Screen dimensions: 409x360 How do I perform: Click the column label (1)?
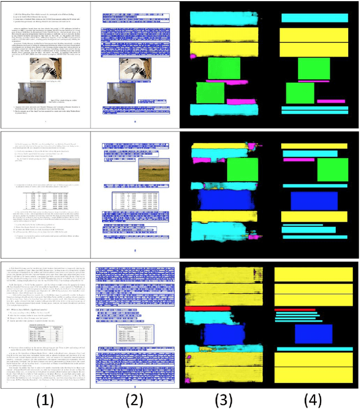coord(44,399)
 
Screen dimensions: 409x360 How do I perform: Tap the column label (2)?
coord(135,399)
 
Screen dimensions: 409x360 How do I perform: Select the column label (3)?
coord(225,399)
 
